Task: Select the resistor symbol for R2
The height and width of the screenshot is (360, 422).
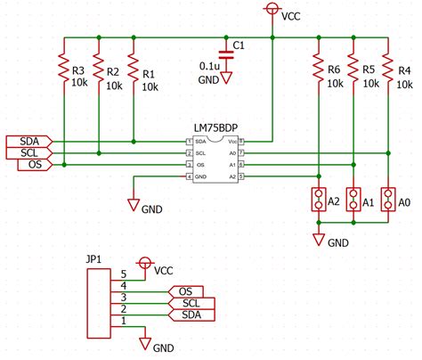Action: [98, 69]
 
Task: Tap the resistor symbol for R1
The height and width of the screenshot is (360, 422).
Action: [133, 69]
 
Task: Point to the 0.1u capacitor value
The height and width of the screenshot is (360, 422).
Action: [210, 66]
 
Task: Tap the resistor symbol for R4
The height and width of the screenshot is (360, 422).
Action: [389, 69]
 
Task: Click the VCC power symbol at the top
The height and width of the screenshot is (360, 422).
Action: [272, 10]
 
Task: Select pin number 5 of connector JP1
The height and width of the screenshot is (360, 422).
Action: [124, 274]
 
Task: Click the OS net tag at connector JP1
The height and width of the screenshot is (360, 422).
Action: [184, 291]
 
